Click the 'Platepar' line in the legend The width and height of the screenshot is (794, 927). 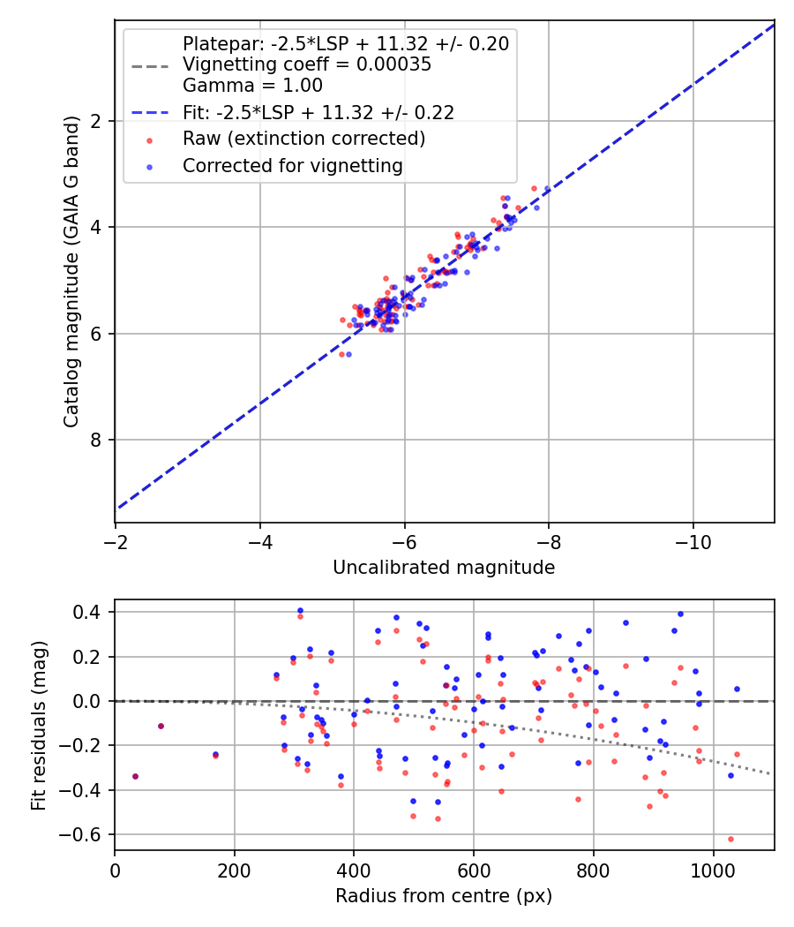(x=346, y=44)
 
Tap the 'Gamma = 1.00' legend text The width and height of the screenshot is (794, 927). (x=252, y=86)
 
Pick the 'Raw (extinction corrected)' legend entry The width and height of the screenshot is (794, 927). (x=303, y=139)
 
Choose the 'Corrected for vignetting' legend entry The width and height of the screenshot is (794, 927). (x=292, y=166)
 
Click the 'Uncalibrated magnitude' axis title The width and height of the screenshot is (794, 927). (x=444, y=568)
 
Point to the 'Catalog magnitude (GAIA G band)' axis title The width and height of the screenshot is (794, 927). (x=72, y=272)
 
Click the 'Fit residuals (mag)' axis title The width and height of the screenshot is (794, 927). (x=38, y=725)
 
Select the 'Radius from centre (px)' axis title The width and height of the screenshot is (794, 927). (x=444, y=896)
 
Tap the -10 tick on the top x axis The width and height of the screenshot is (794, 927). (x=693, y=539)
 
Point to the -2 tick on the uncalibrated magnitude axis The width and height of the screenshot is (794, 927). (x=115, y=539)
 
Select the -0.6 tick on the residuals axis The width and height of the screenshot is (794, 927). (x=90, y=834)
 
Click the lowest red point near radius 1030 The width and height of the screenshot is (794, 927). (x=730, y=839)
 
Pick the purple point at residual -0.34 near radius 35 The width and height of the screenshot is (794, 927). (x=135, y=776)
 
